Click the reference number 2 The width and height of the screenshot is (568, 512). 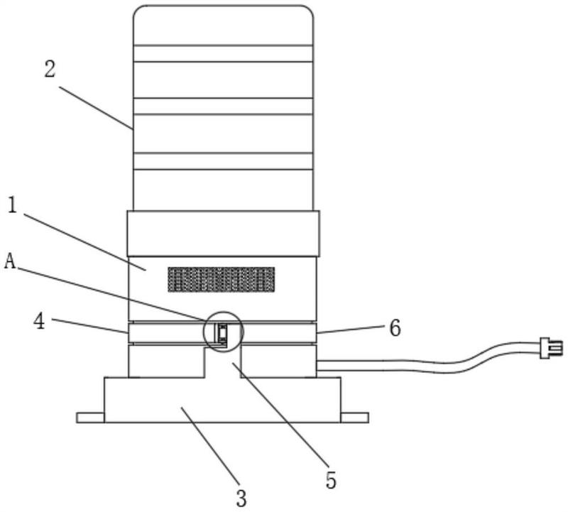50,69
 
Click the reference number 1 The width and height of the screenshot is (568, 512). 12,205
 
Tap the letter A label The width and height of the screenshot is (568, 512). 10,261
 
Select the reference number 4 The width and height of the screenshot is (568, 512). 40,321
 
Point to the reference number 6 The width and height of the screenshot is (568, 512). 395,328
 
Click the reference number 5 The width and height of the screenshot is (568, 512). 331,480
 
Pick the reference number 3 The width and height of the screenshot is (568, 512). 241,499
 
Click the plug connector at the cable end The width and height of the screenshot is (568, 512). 552,348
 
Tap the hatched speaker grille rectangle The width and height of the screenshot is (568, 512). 222,279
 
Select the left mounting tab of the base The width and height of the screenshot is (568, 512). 90,418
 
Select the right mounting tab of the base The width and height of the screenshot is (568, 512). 354,418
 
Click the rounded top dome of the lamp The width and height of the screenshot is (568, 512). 223,26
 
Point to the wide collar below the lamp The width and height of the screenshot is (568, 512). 224,234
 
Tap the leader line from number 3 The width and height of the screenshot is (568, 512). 210,447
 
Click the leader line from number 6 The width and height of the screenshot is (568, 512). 350,329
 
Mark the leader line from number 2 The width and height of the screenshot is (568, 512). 96,108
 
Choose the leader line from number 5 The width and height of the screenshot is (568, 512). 280,414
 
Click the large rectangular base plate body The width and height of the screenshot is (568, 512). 222,400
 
